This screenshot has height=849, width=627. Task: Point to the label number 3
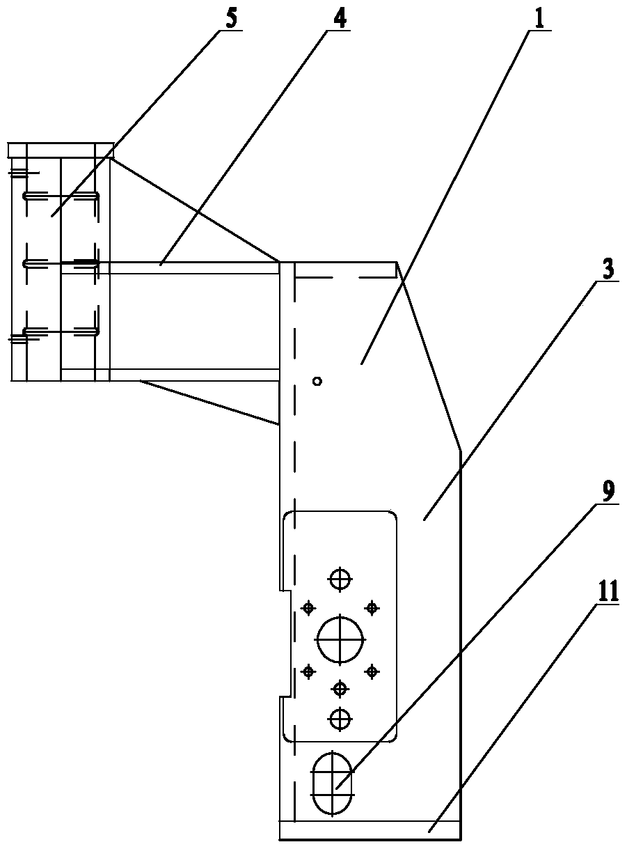pos(608,270)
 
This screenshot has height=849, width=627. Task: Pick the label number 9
pos(608,491)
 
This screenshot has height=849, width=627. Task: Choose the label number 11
pos(607,594)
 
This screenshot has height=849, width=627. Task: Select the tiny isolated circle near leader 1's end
pos(317,381)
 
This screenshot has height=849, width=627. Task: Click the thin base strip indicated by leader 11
pos(369,830)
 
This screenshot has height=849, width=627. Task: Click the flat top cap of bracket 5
pos(61,150)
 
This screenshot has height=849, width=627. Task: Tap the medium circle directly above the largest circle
pos(340,579)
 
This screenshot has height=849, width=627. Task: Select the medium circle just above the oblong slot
pos(340,718)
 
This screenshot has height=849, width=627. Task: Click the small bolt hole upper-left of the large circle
pos(308,607)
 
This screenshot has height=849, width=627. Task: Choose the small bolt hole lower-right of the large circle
pos(372,671)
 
